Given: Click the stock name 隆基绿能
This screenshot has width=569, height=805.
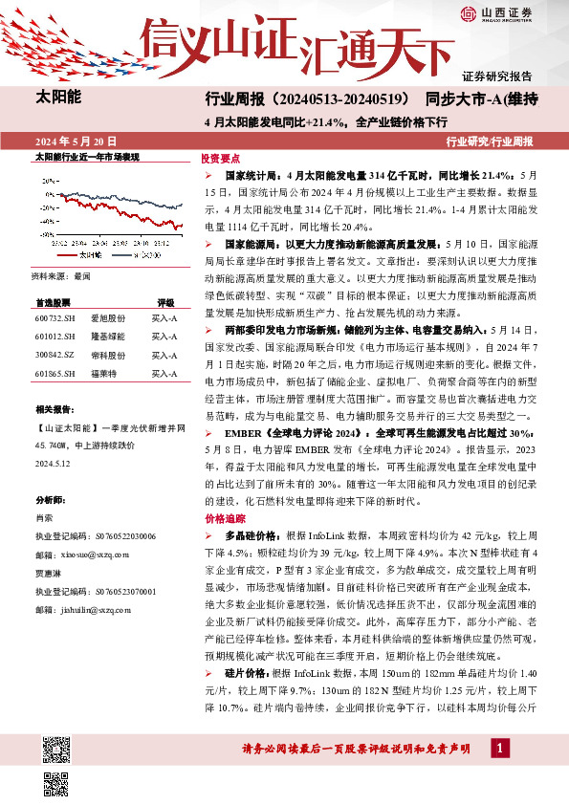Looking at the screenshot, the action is (106, 337).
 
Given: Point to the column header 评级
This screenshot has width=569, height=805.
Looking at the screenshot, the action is (165, 301).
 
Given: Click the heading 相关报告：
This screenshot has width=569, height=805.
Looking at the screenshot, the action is (55, 408).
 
